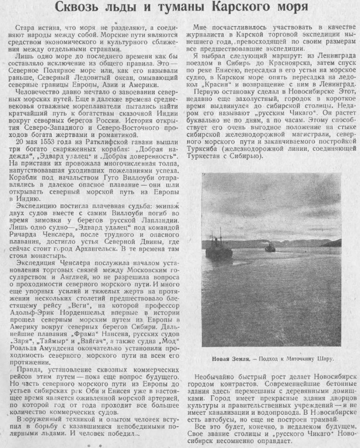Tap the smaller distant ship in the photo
pos(270,247)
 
